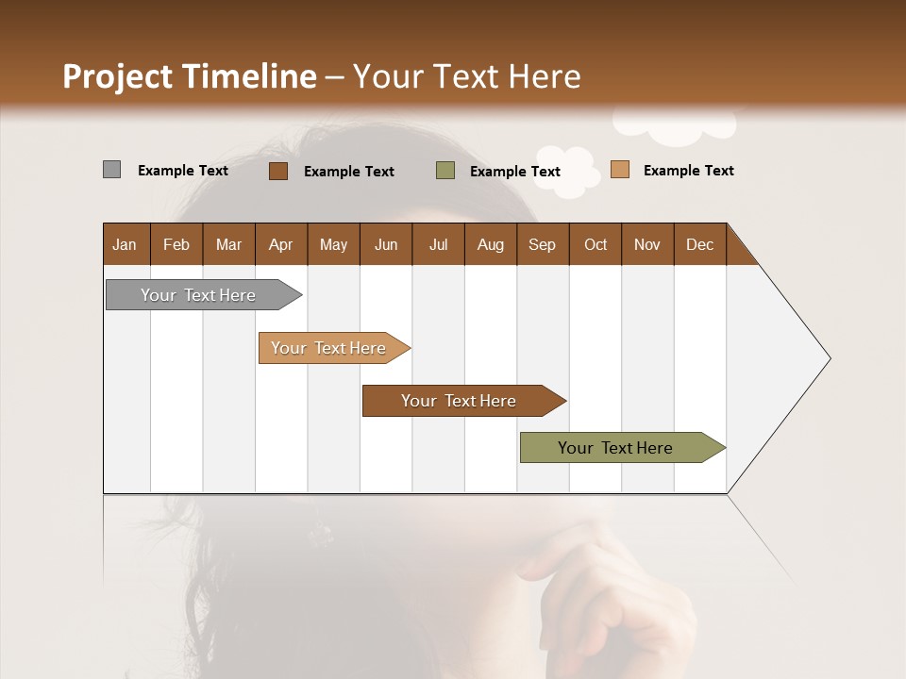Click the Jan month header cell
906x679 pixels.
[x=126, y=244]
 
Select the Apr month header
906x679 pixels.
[x=281, y=244]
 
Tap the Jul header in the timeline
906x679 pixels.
[x=438, y=244]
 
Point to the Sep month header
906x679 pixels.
[x=543, y=244]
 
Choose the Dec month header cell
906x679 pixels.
[x=699, y=244]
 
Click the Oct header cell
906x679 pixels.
[x=596, y=244]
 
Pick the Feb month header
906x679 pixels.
[x=176, y=244]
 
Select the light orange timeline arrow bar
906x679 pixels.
[x=330, y=348]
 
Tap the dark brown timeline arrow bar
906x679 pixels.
[x=461, y=401]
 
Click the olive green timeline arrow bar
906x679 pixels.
[x=618, y=448]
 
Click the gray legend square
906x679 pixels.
[x=111, y=170]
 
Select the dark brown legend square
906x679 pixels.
[x=277, y=171]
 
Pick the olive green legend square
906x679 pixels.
[x=445, y=171]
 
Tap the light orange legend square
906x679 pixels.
[x=619, y=170]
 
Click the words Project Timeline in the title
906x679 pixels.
[x=189, y=76]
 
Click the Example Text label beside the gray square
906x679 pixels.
[x=183, y=171]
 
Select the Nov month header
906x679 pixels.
[x=647, y=244]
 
